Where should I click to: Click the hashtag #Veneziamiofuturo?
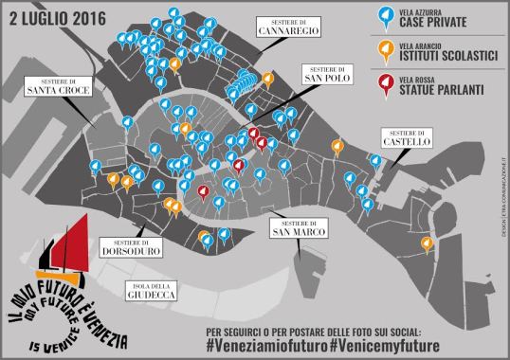coord(265,347)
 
